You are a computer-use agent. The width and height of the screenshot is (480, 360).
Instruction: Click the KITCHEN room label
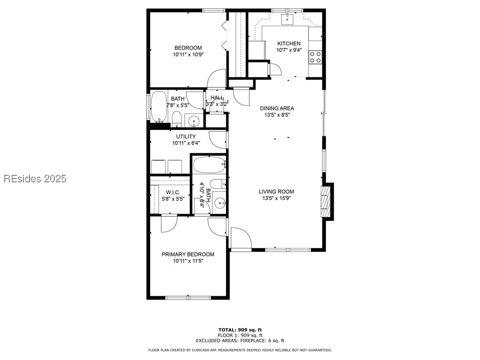288,44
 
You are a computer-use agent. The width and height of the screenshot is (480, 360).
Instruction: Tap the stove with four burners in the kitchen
315,57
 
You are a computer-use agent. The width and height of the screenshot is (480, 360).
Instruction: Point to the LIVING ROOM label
277,191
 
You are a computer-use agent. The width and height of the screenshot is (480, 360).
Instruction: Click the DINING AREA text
277,108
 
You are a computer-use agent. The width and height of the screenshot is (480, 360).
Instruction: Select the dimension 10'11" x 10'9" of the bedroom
188,54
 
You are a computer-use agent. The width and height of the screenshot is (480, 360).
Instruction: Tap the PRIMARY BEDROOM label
188,255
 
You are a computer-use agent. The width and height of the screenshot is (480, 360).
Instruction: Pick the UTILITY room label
186,136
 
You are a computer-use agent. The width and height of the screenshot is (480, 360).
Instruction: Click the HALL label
217,97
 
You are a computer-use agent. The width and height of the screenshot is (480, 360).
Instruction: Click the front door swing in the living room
240,238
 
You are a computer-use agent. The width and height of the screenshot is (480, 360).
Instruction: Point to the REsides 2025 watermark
35,179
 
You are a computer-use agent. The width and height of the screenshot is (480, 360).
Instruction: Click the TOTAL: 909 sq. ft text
240,330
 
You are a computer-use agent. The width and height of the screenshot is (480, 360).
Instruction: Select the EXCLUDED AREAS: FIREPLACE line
240,341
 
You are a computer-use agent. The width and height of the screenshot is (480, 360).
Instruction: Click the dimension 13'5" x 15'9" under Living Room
277,198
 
